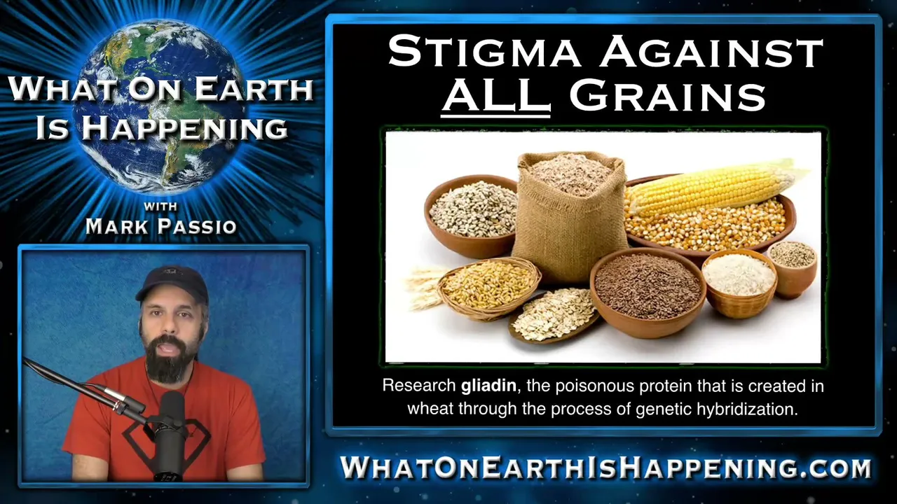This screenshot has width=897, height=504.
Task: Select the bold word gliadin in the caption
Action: pos(488,386)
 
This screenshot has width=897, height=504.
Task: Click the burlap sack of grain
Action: pos(570,217)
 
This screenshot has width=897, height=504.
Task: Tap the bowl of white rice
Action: pos(739,283)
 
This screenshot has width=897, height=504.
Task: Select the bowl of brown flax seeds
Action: pos(647,292)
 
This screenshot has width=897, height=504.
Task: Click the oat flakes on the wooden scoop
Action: pos(554,314)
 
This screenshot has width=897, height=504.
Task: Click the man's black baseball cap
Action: pos(172,283)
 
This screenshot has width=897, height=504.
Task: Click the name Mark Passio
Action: pos(161,226)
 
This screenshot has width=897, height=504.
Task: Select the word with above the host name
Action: pos(160,206)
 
